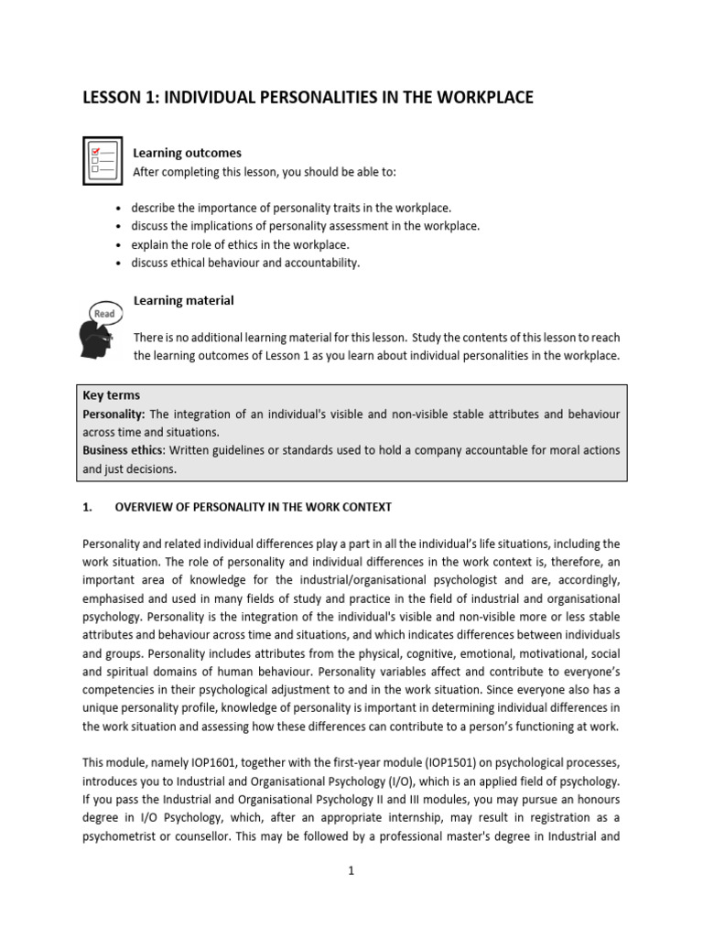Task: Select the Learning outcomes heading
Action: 188,153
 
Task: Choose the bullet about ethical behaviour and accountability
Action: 245,264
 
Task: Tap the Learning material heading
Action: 184,300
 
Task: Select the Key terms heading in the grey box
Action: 112,395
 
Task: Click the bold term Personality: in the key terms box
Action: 115,415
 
